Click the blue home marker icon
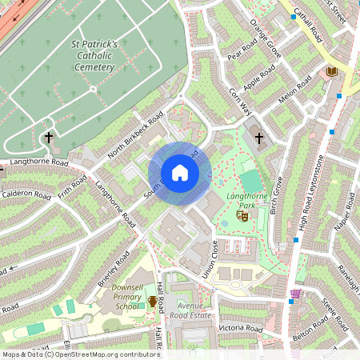180,173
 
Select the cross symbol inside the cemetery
48,138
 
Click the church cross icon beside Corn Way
258,138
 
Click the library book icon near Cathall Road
331,72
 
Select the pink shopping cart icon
296,294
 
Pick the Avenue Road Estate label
188,309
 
